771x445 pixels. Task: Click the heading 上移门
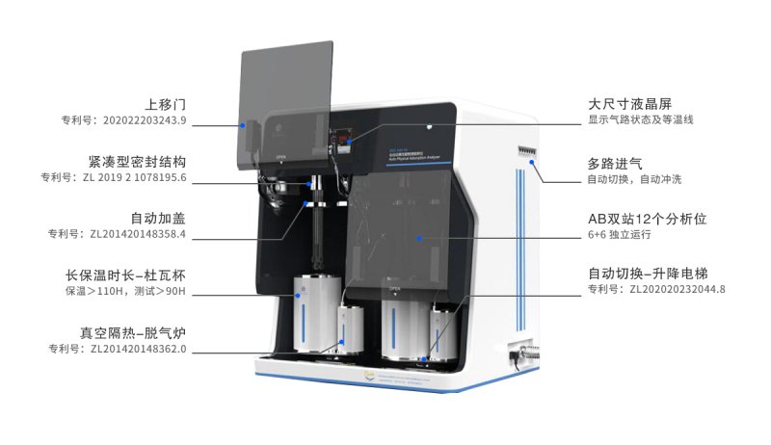pyautogui.click(x=165, y=103)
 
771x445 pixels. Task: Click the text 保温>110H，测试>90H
pyautogui.click(x=125, y=291)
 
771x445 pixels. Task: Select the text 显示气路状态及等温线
pyautogui.click(x=641, y=120)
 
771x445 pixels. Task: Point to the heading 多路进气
pyautogui.click(x=617, y=160)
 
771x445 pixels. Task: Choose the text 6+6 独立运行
pyautogui.click(x=621, y=234)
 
